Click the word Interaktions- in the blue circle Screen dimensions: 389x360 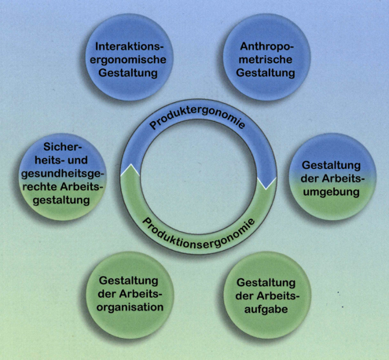coord(129,46)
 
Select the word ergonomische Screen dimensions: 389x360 coord(128,60)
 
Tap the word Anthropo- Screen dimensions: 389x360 coord(267,46)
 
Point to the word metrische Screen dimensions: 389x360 coord(266,60)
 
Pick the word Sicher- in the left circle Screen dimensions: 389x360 coord(63,147)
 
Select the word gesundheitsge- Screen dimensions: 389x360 coord(63,174)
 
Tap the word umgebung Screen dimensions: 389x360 coord(331,193)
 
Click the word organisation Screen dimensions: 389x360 coord(130,307)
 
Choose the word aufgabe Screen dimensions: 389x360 coord(266,310)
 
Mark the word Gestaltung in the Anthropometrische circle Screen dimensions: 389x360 coord(266,73)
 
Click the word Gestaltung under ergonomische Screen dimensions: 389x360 coord(128,73)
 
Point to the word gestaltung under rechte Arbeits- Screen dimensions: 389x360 coord(61,201)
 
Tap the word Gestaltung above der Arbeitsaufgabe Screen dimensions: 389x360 coord(266,283)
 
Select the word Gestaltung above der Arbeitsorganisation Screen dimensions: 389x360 coord(129,281)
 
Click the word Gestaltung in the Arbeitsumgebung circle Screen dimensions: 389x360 coord(331,166)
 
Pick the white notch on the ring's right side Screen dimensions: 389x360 coord(266,183)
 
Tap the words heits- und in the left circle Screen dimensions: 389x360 coord(61,160)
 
